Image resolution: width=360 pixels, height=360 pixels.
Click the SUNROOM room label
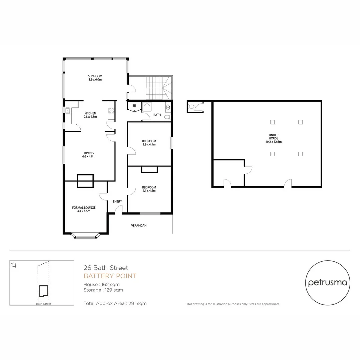[95, 76]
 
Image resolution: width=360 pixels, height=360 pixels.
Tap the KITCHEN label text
[90, 113]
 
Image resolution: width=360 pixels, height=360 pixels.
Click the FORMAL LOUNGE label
[84, 207]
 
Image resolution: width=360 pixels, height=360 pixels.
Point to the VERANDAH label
[139, 226]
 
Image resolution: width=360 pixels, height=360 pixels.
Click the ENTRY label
[117, 201]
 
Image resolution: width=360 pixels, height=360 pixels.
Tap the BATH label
[157, 115]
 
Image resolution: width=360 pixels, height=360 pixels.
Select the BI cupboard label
[134, 106]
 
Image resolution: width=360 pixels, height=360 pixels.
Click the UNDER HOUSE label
[273, 135]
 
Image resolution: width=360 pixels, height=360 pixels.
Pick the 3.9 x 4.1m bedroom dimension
[149, 144]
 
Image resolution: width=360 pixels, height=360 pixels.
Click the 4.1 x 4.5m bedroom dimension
[149, 191]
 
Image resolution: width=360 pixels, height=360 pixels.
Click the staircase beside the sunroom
[159, 87]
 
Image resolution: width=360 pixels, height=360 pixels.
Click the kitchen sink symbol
[67, 110]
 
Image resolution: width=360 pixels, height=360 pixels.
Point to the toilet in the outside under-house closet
[191, 107]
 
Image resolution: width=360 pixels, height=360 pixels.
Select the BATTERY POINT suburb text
[110, 276]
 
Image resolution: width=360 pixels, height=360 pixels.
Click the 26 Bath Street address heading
[106, 268]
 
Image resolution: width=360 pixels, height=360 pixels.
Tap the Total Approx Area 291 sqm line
[115, 303]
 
